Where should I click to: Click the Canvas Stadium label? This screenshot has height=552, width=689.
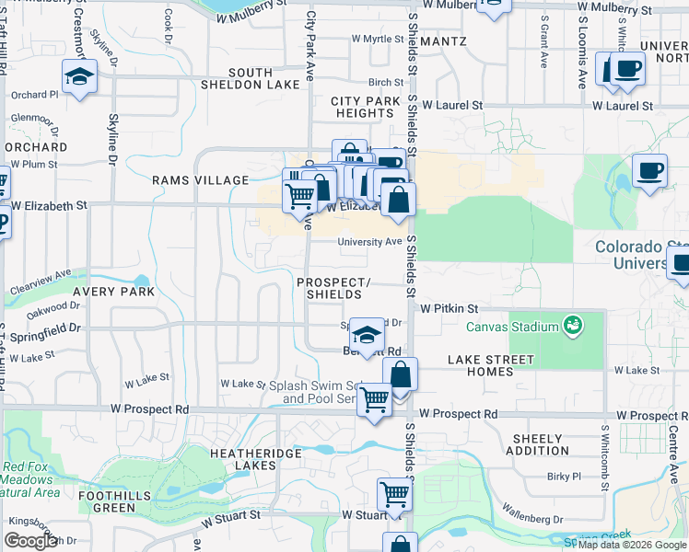[x=513, y=327]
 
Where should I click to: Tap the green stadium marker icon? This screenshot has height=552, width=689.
[x=575, y=326]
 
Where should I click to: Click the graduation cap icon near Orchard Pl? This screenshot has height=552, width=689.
[x=79, y=75]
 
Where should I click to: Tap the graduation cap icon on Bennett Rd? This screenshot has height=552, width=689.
[x=367, y=336]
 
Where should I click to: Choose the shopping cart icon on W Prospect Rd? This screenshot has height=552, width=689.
[x=374, y=401]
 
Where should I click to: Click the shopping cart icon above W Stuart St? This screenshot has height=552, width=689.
[x=394, y=494]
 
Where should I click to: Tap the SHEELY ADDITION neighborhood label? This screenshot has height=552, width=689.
[x=537, y=444]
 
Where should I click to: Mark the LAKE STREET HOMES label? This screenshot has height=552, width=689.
[x=490, y=365]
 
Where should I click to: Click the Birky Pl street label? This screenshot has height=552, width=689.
[x=563, y=477]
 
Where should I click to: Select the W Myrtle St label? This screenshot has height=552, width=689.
[x=378, y=39]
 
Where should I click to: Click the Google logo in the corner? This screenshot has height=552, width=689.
[x=30, y=541]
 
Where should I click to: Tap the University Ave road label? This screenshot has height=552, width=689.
[x=369, y=242]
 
